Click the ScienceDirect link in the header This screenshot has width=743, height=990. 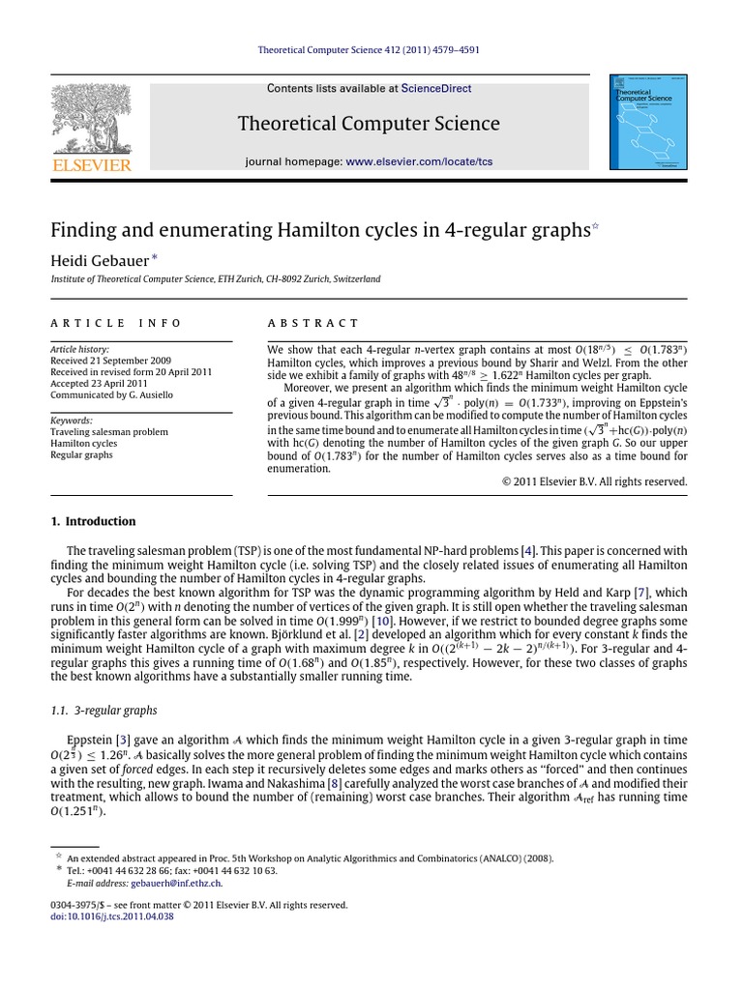(x=436, y=88)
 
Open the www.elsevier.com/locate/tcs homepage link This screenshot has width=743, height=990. (x=419, y=161)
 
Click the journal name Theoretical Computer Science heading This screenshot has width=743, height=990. (x=371, y=124)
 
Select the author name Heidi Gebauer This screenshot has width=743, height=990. (x=98, y=259)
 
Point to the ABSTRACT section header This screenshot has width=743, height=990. (x=312, y=323)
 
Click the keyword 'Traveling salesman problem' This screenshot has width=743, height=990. (x=109, y=432)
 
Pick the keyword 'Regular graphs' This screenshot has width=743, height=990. (x=81, y=454)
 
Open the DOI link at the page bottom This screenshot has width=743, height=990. (x=112, y=916)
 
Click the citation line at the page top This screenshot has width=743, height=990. (x=371, y=49)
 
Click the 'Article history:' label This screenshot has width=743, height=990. (x=79, y=349)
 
